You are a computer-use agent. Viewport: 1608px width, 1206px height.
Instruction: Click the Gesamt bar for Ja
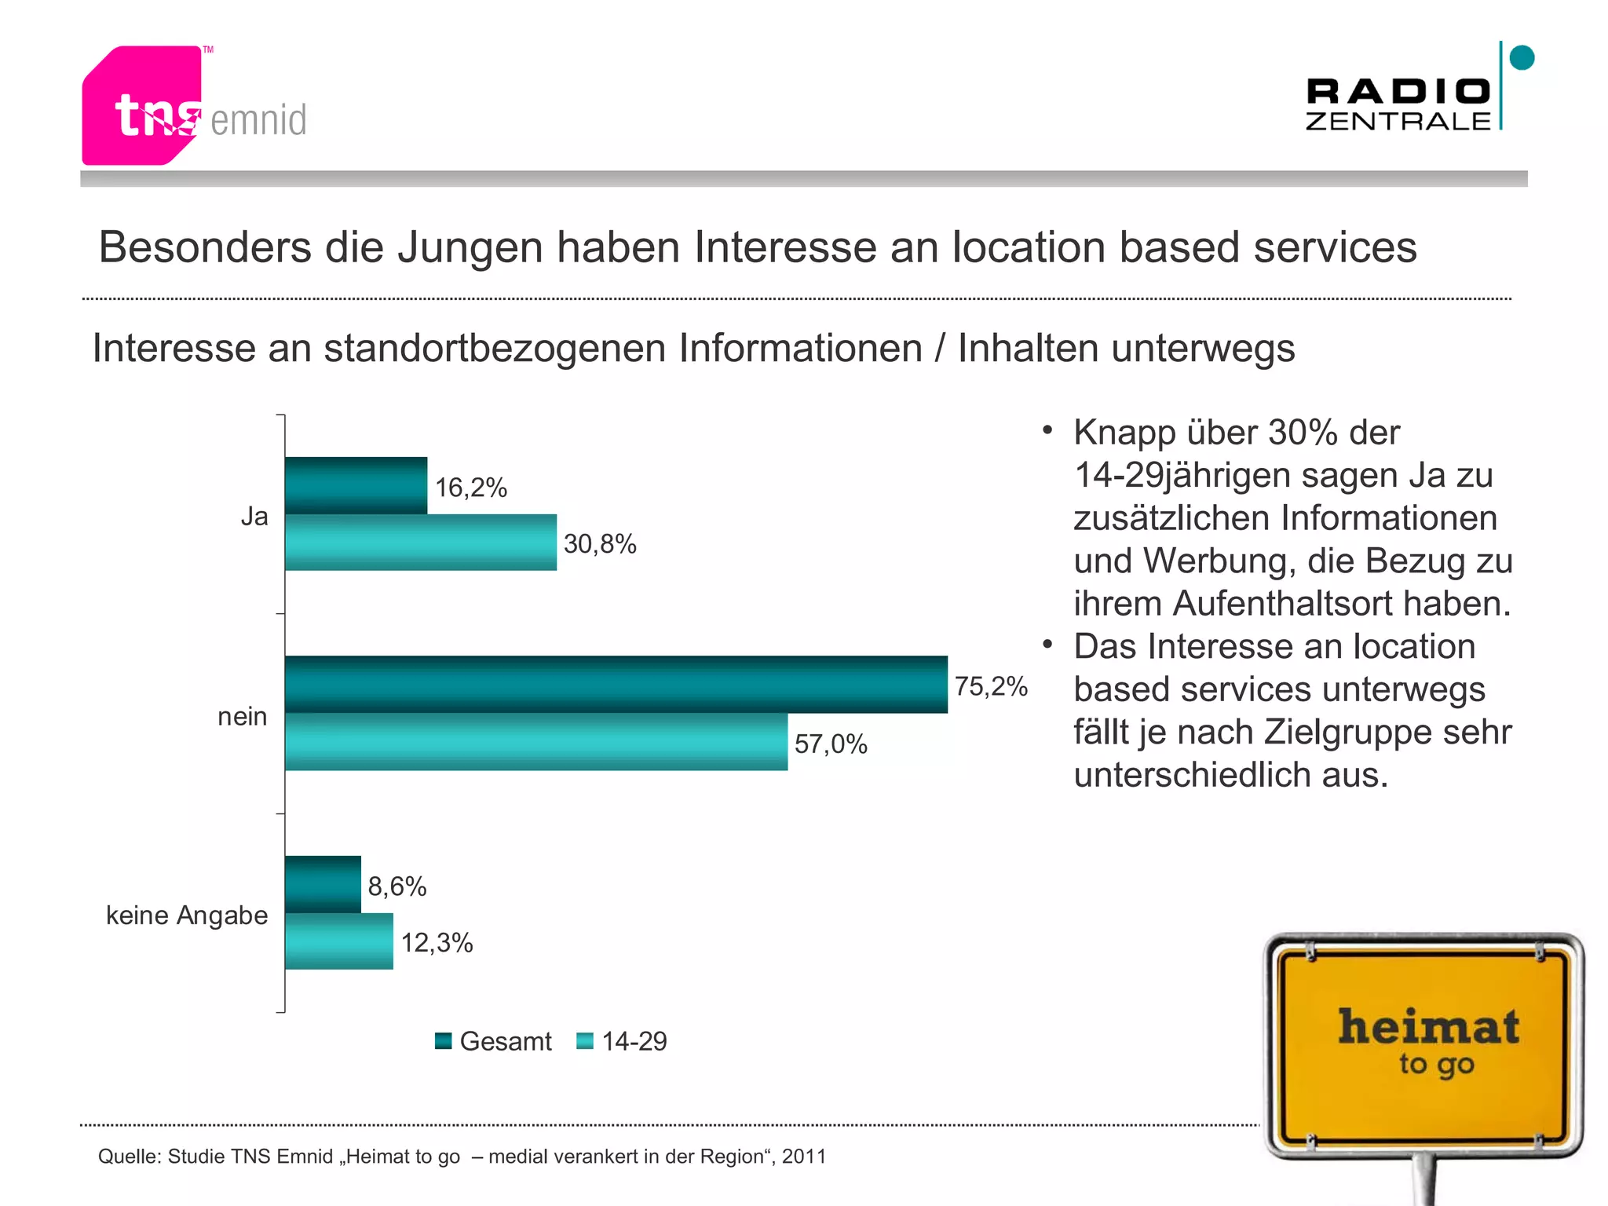pos(356,485)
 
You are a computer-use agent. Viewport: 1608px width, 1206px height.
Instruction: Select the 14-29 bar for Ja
pos(420,543)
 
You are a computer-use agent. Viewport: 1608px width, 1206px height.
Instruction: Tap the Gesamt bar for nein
pos(616,684)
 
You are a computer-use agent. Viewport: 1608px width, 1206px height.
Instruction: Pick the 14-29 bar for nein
pos(535,742)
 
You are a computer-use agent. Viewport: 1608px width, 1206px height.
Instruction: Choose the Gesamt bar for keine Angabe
pos(323,884)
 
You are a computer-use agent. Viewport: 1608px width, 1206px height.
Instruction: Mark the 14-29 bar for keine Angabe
pos(338,941)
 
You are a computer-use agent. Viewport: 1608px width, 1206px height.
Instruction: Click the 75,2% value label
pos(991,686)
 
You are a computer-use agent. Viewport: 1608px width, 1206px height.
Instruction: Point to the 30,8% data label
pos(600,543)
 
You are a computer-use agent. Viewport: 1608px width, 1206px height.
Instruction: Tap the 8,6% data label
pos(397,886)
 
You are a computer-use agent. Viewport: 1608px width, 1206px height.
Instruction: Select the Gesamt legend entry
pos(494,1041)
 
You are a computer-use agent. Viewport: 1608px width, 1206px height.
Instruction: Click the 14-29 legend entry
pos(622,1041)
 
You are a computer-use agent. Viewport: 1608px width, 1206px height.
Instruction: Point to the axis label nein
pos(242,716)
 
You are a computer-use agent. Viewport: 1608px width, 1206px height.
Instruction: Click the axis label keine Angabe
pos(187,915)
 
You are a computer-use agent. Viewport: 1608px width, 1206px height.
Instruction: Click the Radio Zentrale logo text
pos(1398,104)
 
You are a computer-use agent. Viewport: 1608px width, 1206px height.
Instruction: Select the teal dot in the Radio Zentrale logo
pos(1522,57)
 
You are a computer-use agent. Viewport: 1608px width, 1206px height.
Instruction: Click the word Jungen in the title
pos(470,247)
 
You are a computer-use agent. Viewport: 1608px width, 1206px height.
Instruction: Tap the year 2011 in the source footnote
pos(803,1157)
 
